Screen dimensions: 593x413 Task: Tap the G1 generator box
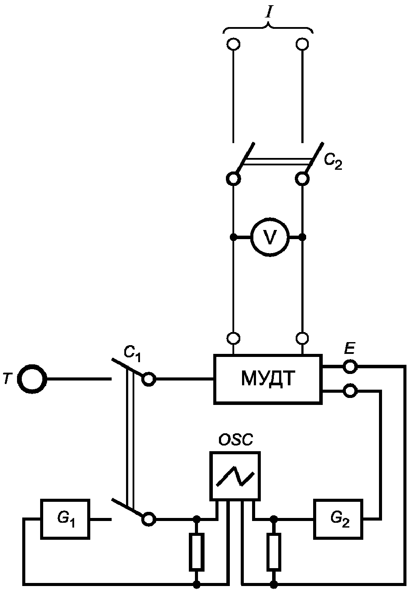coord(65,519)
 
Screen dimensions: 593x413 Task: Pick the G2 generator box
coord(338,519)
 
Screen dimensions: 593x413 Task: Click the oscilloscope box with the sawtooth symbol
coord(235,476)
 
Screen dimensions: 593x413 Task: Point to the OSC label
coord(236,440)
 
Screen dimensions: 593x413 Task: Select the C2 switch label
coord(333,162)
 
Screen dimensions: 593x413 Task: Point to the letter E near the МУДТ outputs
coord(349,349)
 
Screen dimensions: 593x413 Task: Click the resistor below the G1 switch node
coord(197,552)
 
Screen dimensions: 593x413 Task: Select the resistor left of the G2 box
coord(274,552)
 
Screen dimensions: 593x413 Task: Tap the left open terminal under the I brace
coord(234,44)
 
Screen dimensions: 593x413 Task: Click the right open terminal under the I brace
coord(302,44)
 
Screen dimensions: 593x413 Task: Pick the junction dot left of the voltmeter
coord(234,237)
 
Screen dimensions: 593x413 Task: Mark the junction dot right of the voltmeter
coord(303,237)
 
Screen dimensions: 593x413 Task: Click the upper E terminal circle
coord(350,367)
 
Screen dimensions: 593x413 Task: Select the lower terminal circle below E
coord(350,391)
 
